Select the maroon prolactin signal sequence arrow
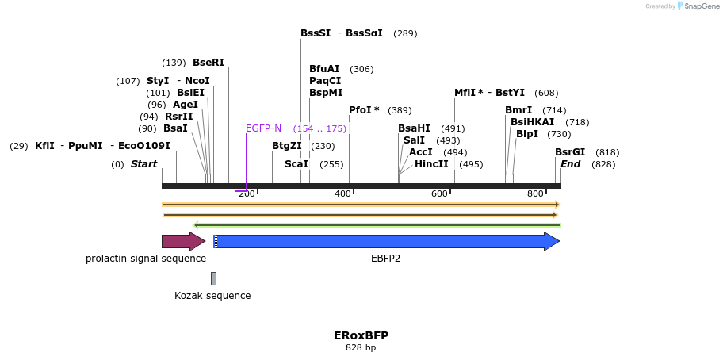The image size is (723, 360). pyautogui.click(x=183, y=241)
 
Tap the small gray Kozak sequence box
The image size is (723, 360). pyautogui.click(x=213, y=278)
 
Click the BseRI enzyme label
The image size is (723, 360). pyautogui.click(x=208, y=63)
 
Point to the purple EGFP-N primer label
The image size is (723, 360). pyautogui.click(x=263, y=128)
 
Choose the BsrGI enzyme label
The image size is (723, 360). pyautogui.click(x=570, y=152)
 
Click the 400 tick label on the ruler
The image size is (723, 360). pyautogui.click(x=342, y=194)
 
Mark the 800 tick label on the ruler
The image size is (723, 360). pyautogui.click(x=535, y=194)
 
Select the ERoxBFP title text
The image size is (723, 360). pyautogui.click(x=361, y=335)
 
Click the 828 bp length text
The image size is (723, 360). pyautogui.click(x=361, y=347)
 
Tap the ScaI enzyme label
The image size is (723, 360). pyautogui.click(x=296, y=164)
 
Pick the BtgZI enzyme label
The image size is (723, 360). pyautogui.click(x=287, y=146)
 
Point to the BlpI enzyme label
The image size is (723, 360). pyautogui.click(x=527, y=134)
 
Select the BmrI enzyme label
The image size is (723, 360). pyautogui.click(x=518, y=110)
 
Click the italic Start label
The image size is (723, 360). pyautogui.click(x=143, y=164)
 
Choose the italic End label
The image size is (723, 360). pyautogui.click(x=570, y=164)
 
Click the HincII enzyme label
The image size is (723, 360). pyautogui.click(x=431, y=164)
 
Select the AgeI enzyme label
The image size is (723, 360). pyautogui.click(x=186, y=105)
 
